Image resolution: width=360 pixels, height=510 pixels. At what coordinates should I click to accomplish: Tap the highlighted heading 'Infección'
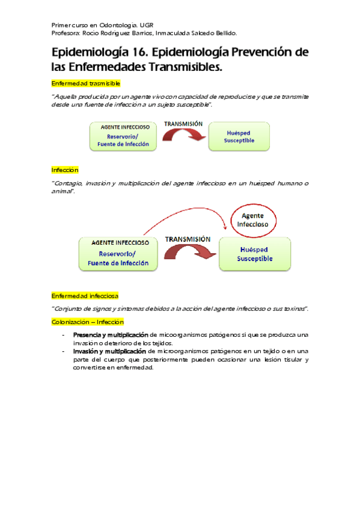click(64, 170)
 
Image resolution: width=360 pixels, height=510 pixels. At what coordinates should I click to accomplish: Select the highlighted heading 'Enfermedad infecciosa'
click(85, 295)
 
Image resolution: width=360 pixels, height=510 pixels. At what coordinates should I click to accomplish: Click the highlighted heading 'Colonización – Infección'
click(87, 322)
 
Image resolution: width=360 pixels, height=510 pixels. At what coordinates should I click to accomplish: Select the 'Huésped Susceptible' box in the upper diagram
click(239, 136)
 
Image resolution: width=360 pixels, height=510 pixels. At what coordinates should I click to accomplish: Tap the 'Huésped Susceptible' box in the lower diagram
click(255, 253)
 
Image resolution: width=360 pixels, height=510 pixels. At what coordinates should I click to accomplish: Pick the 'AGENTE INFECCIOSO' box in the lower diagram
click(120, 253)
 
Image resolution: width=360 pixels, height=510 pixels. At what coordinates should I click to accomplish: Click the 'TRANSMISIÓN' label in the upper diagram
click(183, 123)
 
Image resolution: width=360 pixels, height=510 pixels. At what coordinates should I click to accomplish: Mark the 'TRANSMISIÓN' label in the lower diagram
click(188, 238)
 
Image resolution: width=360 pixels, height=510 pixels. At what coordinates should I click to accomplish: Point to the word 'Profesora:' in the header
click(66, 33)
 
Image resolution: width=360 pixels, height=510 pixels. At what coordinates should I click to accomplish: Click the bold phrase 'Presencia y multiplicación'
click(110, 334)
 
